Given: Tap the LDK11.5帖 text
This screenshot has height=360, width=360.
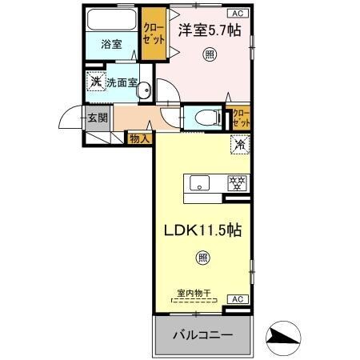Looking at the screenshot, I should (203, 229).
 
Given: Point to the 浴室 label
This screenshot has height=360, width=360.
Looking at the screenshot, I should (112, 45).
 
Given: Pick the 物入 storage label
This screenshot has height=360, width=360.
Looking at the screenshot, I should (140, 139).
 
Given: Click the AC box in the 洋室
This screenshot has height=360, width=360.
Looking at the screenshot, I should (238, 13).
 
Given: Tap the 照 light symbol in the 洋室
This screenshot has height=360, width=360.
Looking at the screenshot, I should (209, 54).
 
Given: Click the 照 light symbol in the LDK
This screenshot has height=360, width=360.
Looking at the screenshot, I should (202, 257).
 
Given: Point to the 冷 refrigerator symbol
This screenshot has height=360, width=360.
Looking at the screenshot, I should (238, 145).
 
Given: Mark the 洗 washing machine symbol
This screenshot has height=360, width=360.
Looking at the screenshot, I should (95, 82).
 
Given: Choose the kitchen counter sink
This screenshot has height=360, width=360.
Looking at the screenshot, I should (198, 183).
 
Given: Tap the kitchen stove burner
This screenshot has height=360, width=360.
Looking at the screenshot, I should (237, 182).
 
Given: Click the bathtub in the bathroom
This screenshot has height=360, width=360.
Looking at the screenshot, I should (111, 20).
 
